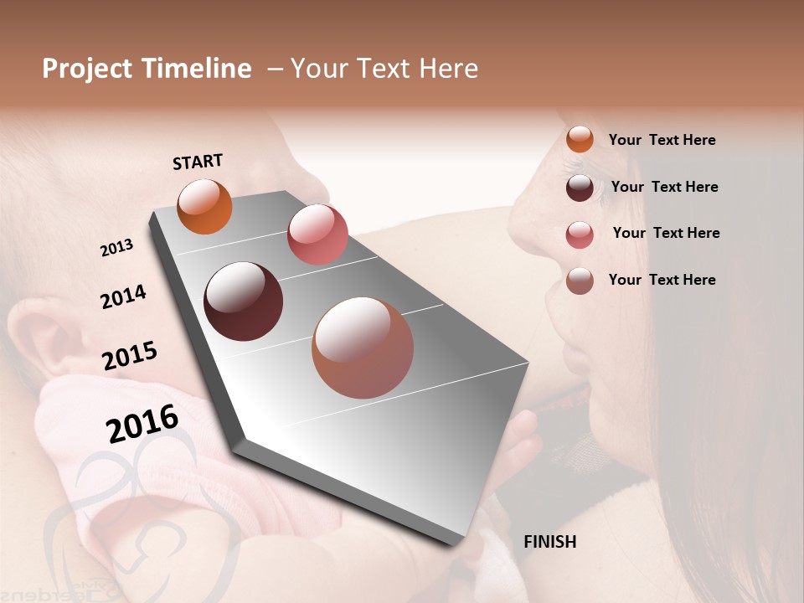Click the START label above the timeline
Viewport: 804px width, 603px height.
pyautogui.click(x=198, y=162)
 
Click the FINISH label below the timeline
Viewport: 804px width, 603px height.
pyautogui.click(x=549, y=542)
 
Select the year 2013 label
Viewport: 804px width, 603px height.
pyautogui.click(x=117, y=248)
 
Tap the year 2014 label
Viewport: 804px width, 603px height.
pyautogui.click(x=123, y=297)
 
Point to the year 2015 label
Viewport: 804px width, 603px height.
pyautogui.click(x=130, y=356)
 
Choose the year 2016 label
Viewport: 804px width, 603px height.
pyautogui.click(x=142, y=423)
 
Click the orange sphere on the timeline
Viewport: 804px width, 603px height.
pyautogui.click(x=205, y=206)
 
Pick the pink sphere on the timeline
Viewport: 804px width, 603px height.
pyautogui.click(x=317, y=234)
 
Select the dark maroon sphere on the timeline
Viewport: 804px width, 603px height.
pyautogui.click(x=243, y=301)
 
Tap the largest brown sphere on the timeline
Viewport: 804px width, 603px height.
pyautogui.click(x=363, y=348)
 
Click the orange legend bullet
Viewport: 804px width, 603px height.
pyautogui.click(x=580, y=139)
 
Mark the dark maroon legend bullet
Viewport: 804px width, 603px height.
pyautogui.click(x=580, y=187)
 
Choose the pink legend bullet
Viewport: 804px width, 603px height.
pyautogui.click(x=580, y=234)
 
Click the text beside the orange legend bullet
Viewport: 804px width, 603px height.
pyautogui.click(x=662, y=140)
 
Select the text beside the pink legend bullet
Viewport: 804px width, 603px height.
pyautogui.click(x=666, y=233)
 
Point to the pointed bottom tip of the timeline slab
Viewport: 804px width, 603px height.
pyautogui.click(x=459, y=543)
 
